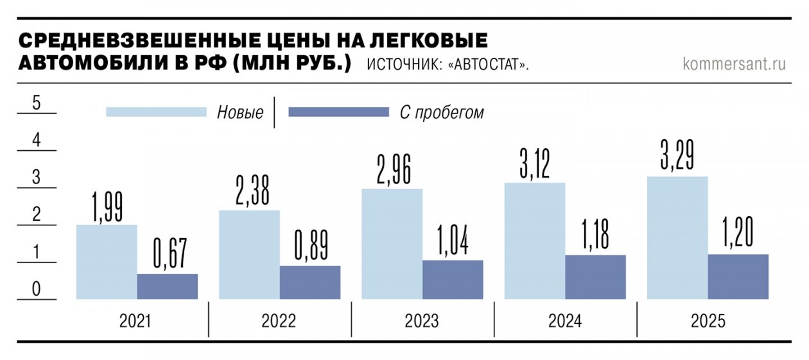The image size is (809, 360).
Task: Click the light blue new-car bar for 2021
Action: [107, 262]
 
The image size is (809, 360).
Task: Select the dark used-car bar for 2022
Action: [310, 282]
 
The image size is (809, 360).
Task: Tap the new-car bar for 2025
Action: [677, 237]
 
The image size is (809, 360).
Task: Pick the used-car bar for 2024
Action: [595, 277]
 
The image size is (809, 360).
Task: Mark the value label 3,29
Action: [677, 153]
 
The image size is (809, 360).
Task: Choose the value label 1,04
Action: [453, 239]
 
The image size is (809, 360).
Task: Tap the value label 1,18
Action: [596, 234]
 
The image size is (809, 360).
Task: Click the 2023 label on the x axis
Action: [422, 321]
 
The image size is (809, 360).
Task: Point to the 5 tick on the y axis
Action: [37, 104]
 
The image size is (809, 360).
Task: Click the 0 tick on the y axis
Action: [37, 290]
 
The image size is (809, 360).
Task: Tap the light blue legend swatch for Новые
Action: [156, 112]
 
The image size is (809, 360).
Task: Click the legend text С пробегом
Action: [442, 113]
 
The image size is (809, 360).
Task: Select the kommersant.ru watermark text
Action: [735, 64]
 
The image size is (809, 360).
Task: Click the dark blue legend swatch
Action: [339, 112]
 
